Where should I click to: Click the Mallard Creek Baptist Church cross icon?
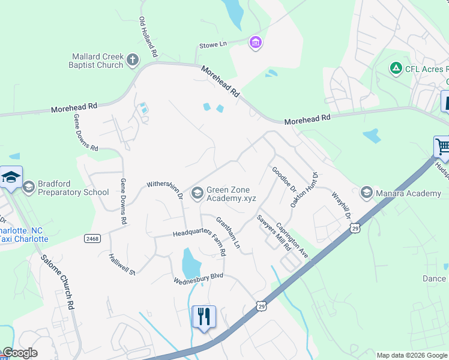pos(133,60)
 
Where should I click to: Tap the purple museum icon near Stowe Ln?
pos(256,42)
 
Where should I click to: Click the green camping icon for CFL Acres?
pos(396,68)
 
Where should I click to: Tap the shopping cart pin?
pos(442,146)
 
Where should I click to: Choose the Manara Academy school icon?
pos(366,193)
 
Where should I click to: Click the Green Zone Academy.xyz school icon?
pos(197,193)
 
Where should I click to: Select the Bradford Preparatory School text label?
pos(73,188)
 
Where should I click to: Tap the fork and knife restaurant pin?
pos(203,316)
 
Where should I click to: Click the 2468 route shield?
pos(93,238)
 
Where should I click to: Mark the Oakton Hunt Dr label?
pos(304,189)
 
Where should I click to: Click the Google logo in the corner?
pos(20,353)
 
